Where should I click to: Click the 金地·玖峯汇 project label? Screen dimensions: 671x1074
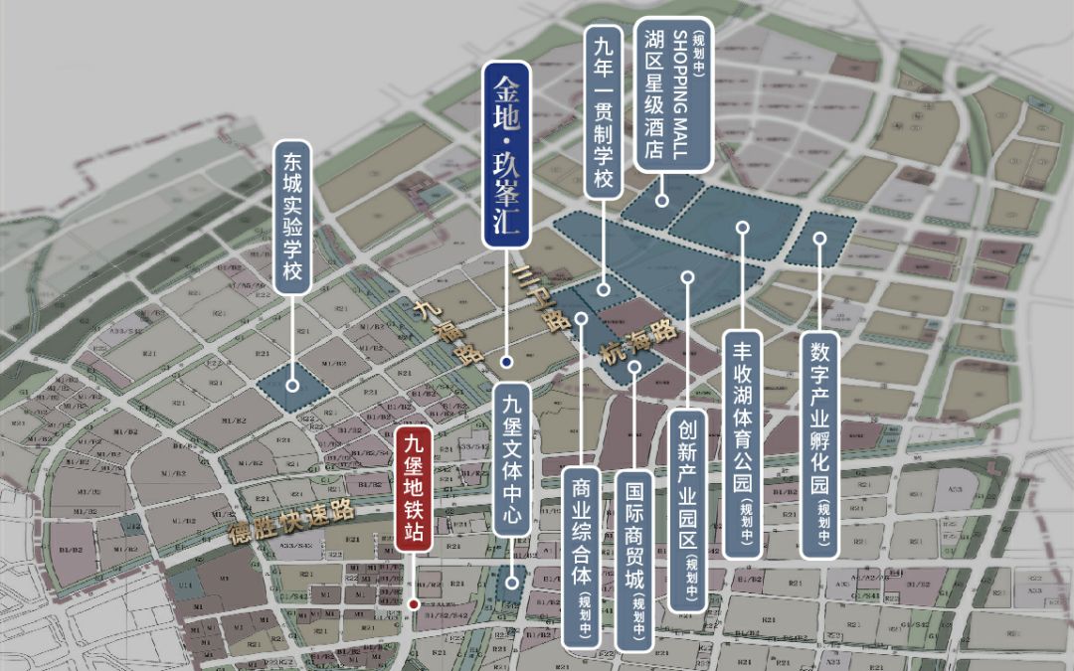pos(506,155)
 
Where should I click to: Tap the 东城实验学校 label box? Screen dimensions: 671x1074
pos(292,217)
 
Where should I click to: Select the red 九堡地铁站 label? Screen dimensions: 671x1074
pos(413,489)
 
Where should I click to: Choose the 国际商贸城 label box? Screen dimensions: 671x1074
pos(634,562)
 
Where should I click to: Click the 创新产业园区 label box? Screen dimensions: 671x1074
pos(687,511)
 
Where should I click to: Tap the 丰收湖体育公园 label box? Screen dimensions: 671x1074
pos(742,445)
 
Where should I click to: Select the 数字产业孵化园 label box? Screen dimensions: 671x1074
pos(819,444)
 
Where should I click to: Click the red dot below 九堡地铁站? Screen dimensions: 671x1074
pos(413,602)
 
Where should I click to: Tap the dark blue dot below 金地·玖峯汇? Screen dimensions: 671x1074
pos(506,362)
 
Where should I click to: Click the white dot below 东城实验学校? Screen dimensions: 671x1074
pos(292,385)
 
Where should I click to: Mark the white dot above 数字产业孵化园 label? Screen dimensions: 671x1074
pos(819,238)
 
